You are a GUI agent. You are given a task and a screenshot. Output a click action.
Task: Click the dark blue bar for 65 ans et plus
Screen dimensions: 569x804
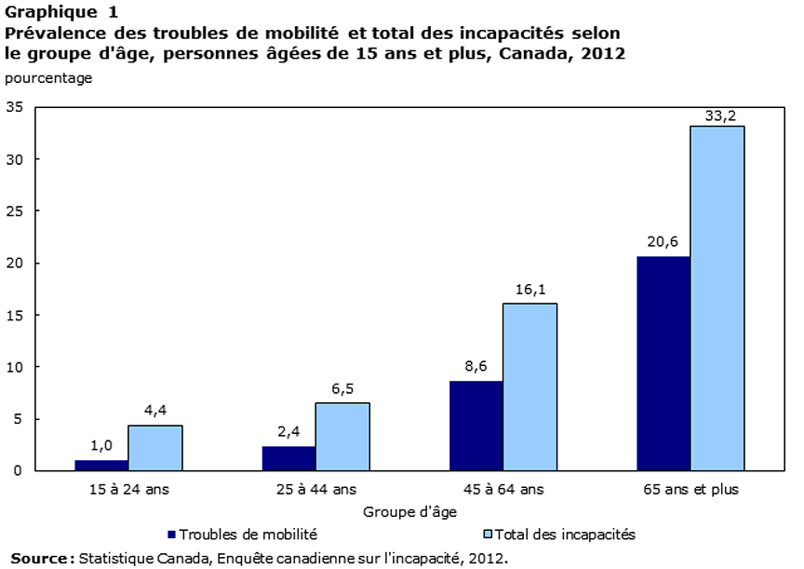click(x=663, y=363)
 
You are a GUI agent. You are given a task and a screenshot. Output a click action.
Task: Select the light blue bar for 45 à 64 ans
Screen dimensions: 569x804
click(x=529, y=386)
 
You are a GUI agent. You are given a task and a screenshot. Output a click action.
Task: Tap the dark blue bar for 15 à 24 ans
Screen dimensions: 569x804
click(x=101, y=465)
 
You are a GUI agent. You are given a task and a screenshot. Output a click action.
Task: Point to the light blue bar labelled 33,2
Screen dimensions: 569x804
click(x=717, y=298)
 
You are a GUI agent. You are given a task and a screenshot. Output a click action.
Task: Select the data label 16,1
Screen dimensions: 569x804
click(x=529, y=289)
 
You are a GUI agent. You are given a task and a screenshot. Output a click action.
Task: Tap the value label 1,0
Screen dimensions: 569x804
click(x=101, y=445)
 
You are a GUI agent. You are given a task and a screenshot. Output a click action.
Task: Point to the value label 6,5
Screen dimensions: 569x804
click(x=342, y=388)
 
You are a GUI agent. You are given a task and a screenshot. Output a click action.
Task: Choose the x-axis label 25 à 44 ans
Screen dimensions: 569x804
click(x=315, y=489)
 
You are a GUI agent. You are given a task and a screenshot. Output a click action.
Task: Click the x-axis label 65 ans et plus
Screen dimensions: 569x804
click(x=690, y=489)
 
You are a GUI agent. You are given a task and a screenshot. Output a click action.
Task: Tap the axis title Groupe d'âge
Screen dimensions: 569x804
click(x=409, y=511)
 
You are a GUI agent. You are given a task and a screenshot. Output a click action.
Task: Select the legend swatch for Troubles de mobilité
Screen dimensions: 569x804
click(x=171, y=535)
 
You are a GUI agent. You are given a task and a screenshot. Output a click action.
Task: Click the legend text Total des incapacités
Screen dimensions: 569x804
click(x=565, y=535)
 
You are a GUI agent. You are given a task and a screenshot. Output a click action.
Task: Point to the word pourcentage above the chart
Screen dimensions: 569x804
click(x=48, y=78)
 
